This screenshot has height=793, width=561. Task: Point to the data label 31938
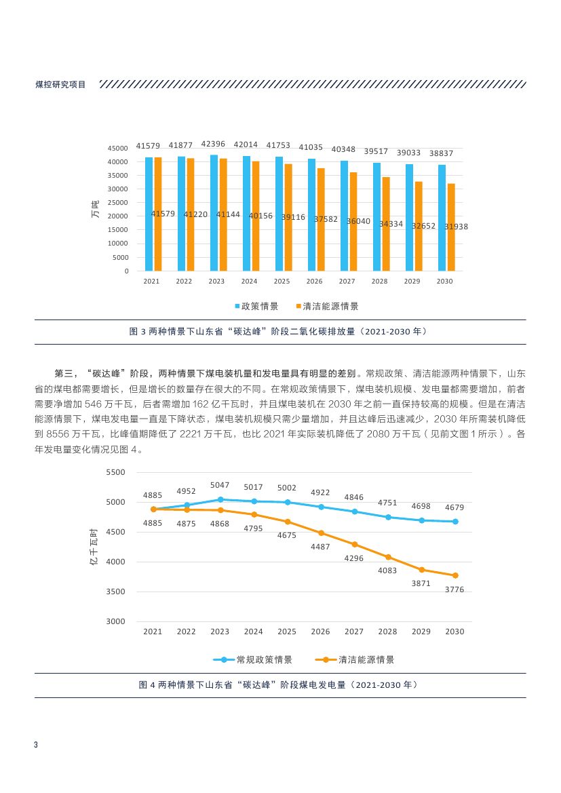click(x=457, y=227)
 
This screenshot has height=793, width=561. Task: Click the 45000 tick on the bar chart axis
click(x=119, y=149)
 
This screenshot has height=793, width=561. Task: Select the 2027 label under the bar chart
click(x=347, y=281)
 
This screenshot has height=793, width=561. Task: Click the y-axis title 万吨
click(x=95, y=210)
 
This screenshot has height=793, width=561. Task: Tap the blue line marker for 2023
click(x=220, y=499)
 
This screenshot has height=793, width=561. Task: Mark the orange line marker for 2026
click(x=320, y=533)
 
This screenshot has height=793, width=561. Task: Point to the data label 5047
click(x=220, y=485)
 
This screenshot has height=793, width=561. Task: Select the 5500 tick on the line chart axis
click(x=116, y=472)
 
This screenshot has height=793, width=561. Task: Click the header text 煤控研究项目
click(x=60, y=85)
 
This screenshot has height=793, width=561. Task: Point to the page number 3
click(x=35, y=746)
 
